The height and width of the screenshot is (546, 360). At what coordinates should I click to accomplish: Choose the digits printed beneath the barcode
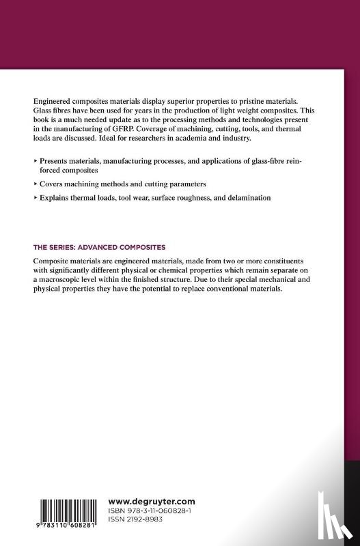pyautogui.click(x=67, y=526)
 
